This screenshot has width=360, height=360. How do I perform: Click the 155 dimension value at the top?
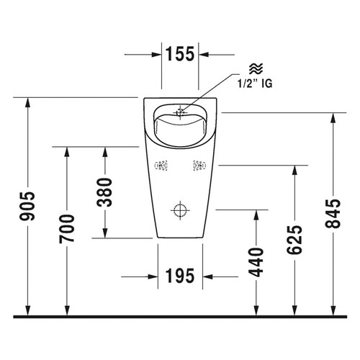[180, 54]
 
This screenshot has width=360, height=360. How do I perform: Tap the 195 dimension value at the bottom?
[180, 276]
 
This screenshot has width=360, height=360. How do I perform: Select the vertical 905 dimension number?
[27, 206]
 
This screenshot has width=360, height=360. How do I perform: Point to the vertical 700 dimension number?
[67, 229]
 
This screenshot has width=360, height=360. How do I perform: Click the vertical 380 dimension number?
[104, 192]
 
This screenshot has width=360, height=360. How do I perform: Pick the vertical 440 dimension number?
[256, 262]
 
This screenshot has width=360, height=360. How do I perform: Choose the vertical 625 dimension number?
[294, 240]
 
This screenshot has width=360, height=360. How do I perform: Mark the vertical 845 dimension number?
[333, 213]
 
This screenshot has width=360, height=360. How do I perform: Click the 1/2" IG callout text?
[255, 84]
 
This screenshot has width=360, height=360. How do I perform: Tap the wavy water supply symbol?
[256, 69]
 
